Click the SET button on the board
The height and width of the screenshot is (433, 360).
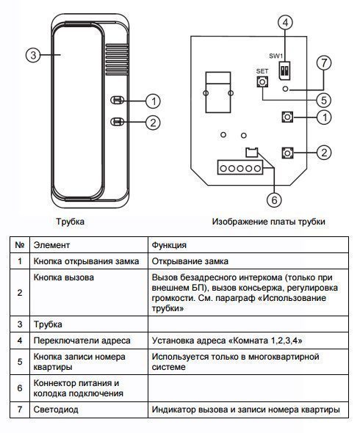(262, 81)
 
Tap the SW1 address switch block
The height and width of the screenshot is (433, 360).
(284, 71)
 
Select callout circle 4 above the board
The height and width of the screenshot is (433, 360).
(285, 23)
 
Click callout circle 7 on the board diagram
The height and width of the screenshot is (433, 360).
(324, 63)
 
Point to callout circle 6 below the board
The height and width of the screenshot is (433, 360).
(274, 200)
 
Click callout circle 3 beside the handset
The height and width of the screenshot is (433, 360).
(33, 55)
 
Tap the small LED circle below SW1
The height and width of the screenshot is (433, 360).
(286, 90)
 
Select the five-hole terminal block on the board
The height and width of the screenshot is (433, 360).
(240, 167)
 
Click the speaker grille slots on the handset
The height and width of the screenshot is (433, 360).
(117, 59)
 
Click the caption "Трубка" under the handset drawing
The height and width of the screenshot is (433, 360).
(71, 222)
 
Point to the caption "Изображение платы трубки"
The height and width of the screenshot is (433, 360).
(268, 222)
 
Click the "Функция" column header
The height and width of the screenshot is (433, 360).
(169, 245)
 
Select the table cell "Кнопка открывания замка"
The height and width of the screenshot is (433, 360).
(86, 261)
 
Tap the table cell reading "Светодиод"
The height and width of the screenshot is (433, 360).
(56, 410)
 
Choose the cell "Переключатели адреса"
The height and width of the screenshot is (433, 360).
(82, 341)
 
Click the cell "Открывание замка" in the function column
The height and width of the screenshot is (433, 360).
(190, 261)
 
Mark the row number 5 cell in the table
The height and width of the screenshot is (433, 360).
(20, 362)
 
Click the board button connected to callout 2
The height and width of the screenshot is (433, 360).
(287, 153)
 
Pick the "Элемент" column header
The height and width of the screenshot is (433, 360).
(51, 245)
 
